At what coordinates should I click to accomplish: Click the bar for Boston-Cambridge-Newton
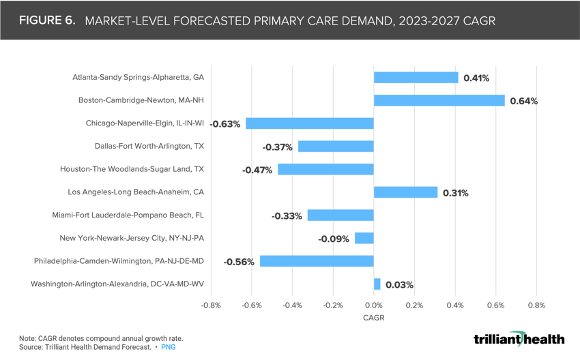click(x=439, y=100)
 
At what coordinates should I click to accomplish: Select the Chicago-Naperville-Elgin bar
click(x=309, y=123)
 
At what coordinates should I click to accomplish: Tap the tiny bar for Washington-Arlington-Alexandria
click(x=377, y=284)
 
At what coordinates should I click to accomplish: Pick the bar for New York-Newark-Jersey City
click(x=364, y=238)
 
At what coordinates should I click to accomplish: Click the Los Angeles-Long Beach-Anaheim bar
click(x=405, y=192)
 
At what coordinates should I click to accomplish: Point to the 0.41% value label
click(x=476, y=78)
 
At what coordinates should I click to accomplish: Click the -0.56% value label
click(x=239, y=262)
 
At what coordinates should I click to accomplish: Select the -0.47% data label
click(x=257, y=170)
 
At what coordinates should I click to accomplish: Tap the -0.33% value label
click(x=287, y=216)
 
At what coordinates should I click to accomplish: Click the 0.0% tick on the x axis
click(x=374, y=305)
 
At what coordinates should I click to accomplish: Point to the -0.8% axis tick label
click(x=211, y=305)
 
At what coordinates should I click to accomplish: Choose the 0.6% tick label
click(x=495, y=305)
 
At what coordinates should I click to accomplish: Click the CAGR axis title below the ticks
click(x=373, y=318)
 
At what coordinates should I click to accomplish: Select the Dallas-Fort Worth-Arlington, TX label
click(x=149, y=146)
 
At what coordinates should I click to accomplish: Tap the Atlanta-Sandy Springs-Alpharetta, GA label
click(x=139, y=77)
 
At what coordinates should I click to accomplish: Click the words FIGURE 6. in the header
click(x=47, y=20)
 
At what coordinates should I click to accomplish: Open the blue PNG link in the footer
click(x=168, y=347)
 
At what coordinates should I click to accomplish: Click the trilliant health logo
click(x=519, y=339)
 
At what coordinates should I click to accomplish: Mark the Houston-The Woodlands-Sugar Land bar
click(x=325, y=169)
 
